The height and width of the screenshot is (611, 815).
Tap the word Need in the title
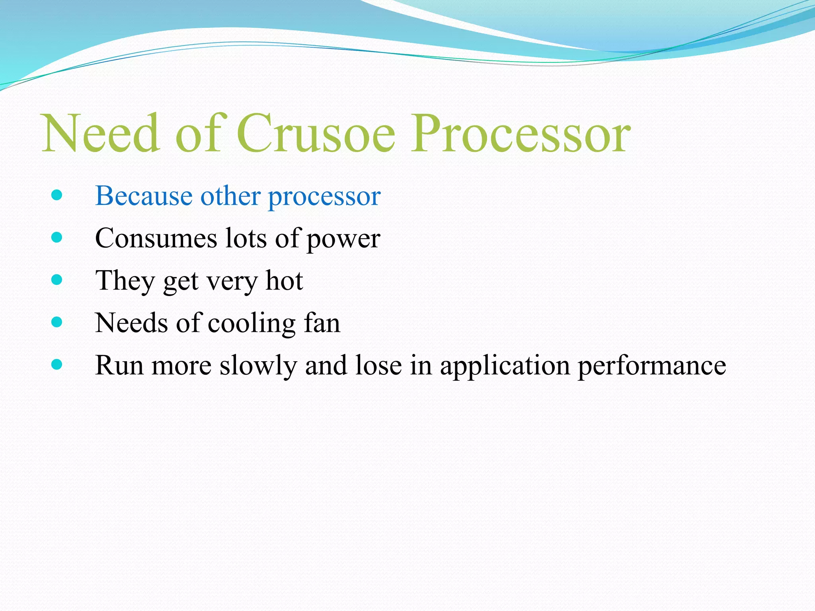click(x=101, y=133)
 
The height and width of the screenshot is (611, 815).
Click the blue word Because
click(x=144, y=196)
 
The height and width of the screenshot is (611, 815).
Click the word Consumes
click(x=156, y=238)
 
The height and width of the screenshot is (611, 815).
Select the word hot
click(x=284, y=280)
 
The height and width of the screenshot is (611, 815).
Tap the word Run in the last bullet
click(x=119, y=365)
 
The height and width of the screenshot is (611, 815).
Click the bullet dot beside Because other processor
click(x=57, y=195)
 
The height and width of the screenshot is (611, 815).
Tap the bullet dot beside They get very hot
click(x=57, y=280)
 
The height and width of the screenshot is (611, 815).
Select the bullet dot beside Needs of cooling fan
click(x=57, y=322)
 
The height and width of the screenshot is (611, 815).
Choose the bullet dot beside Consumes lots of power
click(x=57, y=237)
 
